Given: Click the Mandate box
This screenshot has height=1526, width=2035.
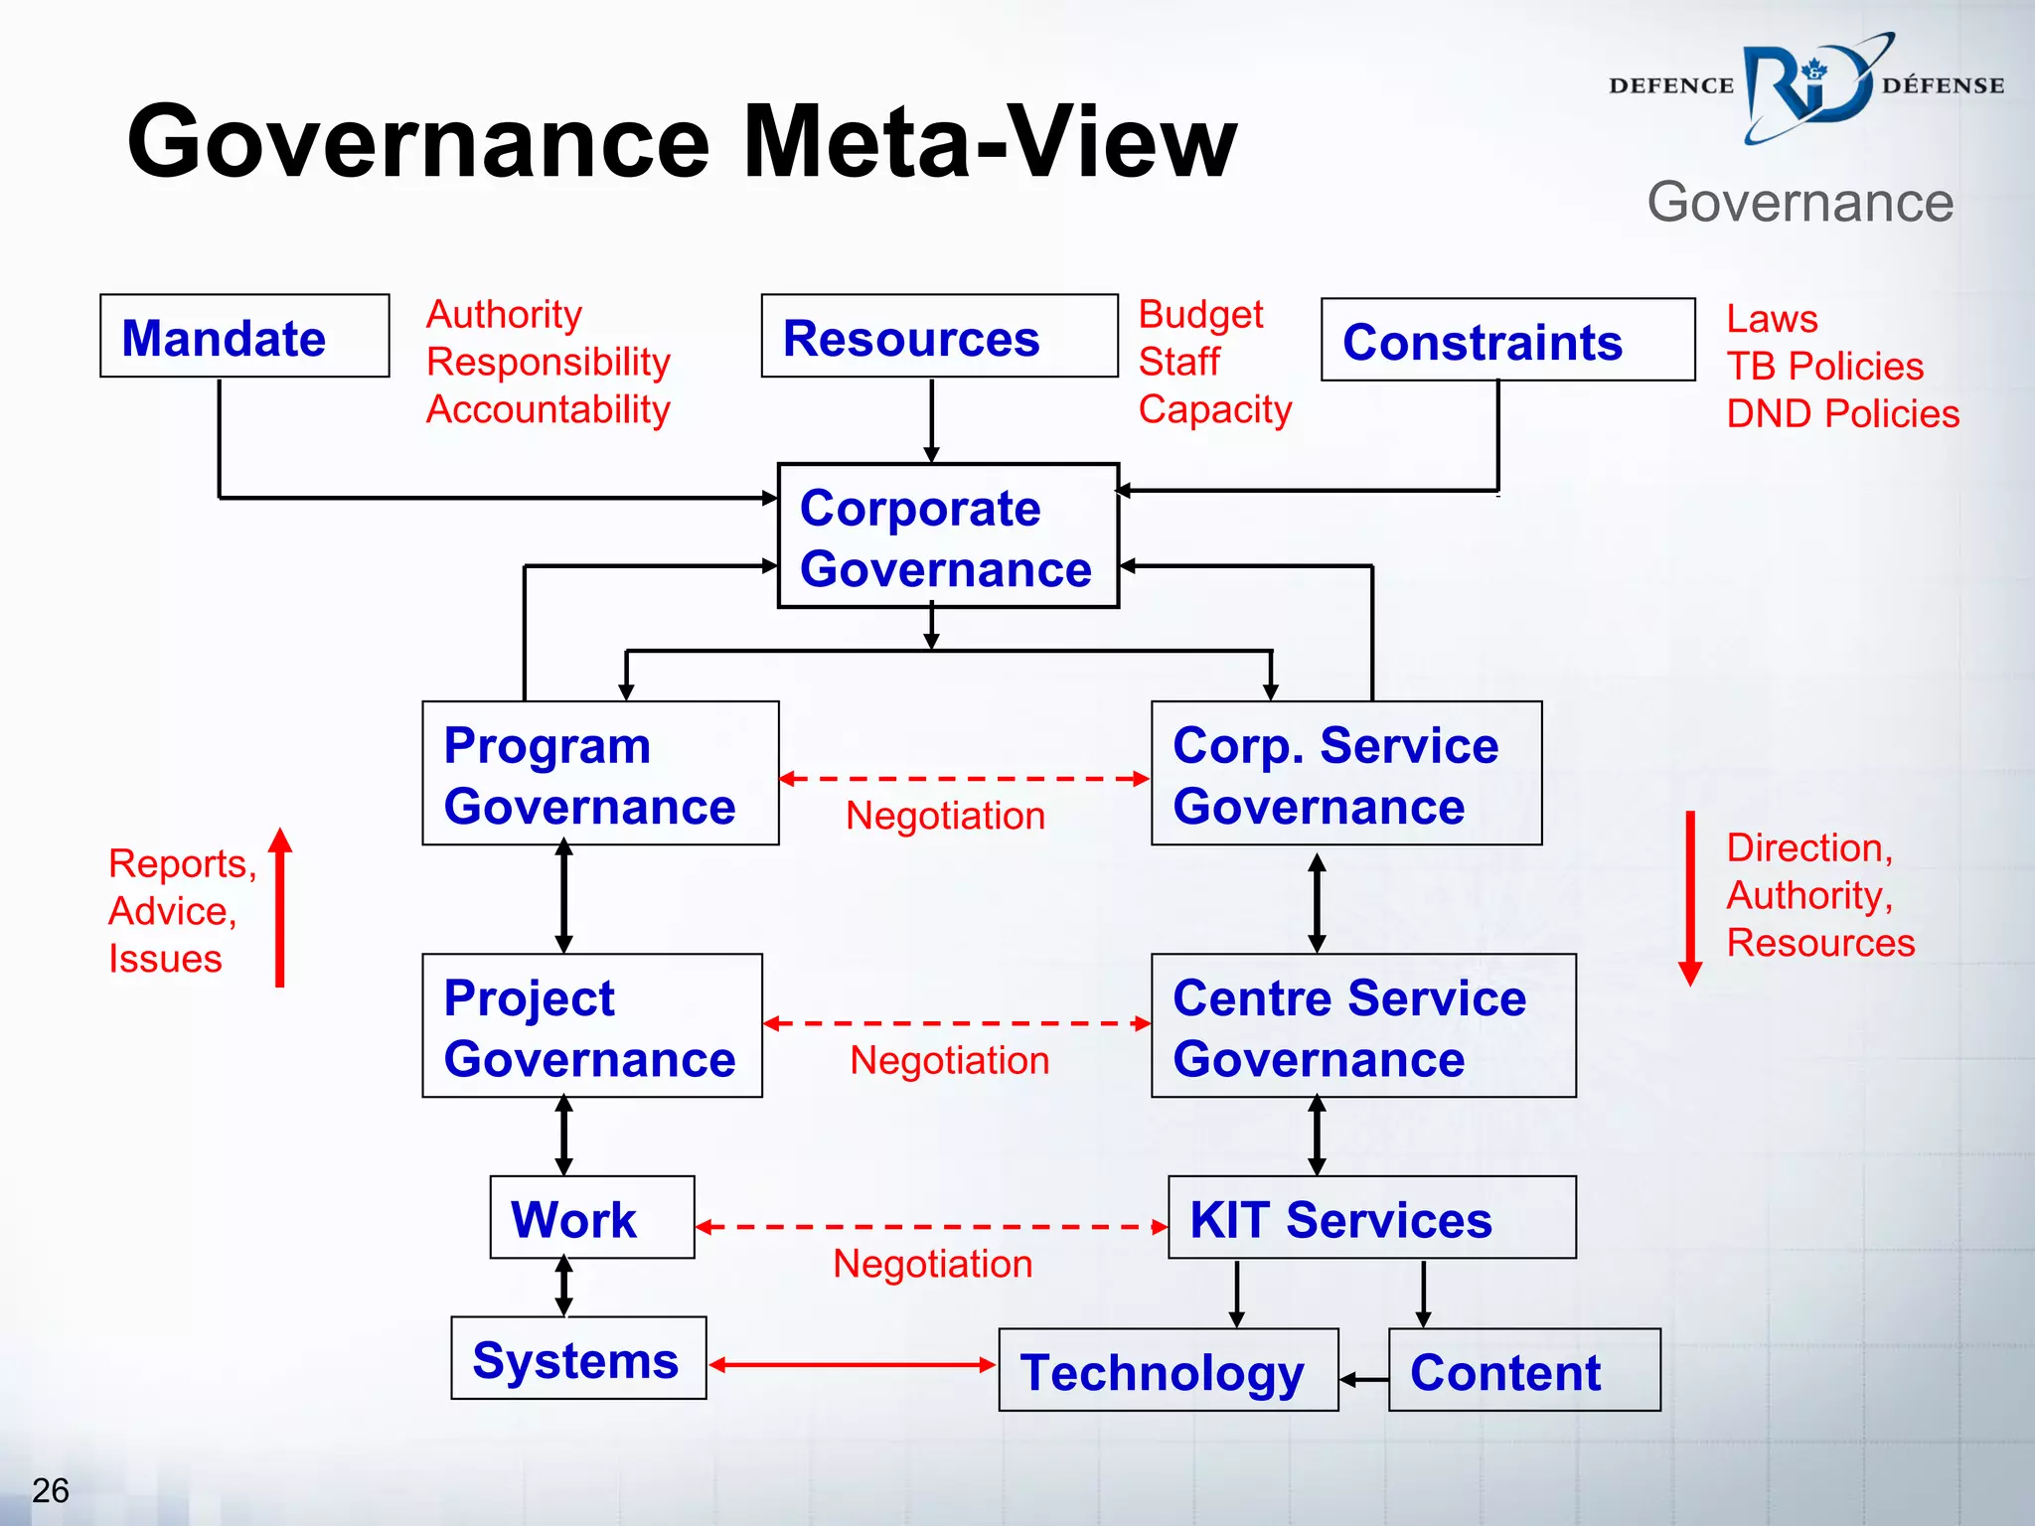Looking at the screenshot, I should point(244,337).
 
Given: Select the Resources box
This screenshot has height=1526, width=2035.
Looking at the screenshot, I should point(939,337).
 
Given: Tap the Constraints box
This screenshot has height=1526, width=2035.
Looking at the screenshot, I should point(1507,341).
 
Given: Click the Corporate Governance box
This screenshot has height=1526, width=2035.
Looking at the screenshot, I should point(948,536).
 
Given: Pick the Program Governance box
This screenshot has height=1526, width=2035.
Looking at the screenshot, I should point(600,774).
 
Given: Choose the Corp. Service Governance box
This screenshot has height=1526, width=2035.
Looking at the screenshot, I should point(1345,774).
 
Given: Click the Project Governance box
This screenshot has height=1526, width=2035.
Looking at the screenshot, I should point(592,1026).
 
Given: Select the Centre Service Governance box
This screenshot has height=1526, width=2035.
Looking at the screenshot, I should point(1363,1026).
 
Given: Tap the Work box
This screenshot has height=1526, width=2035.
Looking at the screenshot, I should point(592,1218).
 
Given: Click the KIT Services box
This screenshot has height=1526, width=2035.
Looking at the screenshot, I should point(1371,1218).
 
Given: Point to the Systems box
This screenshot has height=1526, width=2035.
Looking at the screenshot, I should point(578,1359).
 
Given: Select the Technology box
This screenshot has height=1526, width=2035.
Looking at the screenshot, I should point(1169,1371).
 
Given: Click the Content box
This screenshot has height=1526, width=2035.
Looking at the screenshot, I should point(1524,1371).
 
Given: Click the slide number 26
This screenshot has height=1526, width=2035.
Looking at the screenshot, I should point(51,1490).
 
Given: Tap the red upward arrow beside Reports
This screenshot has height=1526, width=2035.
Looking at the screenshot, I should point(281,908).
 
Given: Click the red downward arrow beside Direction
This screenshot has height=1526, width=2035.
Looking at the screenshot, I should point(1690,898).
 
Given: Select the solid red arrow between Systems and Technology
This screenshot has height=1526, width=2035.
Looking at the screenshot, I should point(853,1365).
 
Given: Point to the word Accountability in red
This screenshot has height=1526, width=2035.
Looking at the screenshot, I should point(548,409).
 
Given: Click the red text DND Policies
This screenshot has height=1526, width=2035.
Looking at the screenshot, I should point(1842,414).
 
